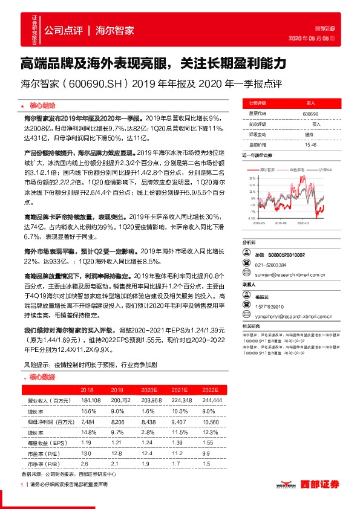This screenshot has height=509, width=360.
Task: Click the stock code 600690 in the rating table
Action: (310, 114)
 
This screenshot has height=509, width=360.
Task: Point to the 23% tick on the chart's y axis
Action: (252, 178)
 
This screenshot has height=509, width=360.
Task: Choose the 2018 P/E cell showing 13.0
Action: (87, 453)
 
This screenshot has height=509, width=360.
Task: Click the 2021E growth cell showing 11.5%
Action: (177, 432)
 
